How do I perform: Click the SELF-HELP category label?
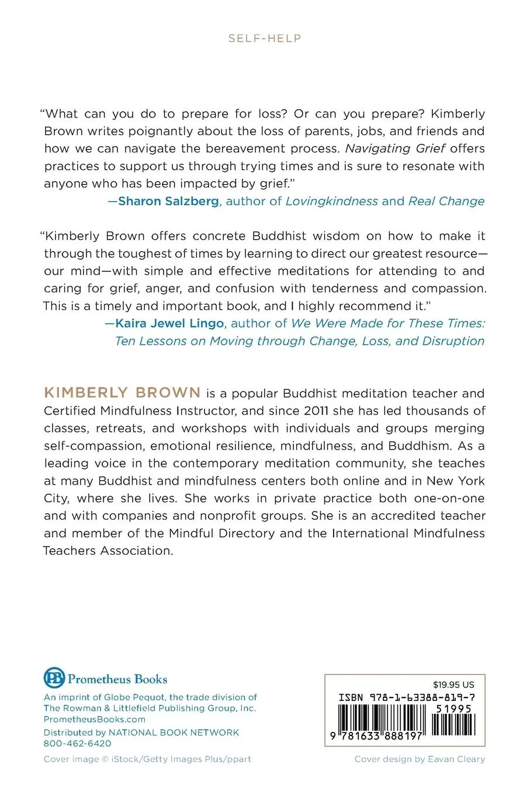(x=265, y=39)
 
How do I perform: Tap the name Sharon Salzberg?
(x=169, y=201)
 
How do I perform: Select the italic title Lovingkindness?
(x=331, y=201)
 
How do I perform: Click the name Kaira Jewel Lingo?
(x=169, y=323)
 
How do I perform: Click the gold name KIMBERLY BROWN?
(x=122, y=393)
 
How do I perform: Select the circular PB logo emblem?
(x=54, y=678)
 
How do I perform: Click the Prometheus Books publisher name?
(x=117, y=679)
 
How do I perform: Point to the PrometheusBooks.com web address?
(x=95, y=720)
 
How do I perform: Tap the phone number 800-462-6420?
(x=77, y=744)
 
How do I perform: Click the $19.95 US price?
(x=453, y=685)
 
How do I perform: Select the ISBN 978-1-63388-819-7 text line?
(x=406, y=697)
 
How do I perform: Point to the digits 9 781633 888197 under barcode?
(x=376, y=737)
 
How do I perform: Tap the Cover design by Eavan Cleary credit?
(x=420, y=759)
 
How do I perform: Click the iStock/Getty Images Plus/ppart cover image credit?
(x=147, y=759)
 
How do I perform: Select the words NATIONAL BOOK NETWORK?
(x=174, y=732)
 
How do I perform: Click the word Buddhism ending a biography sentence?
(x=420, y=445)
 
